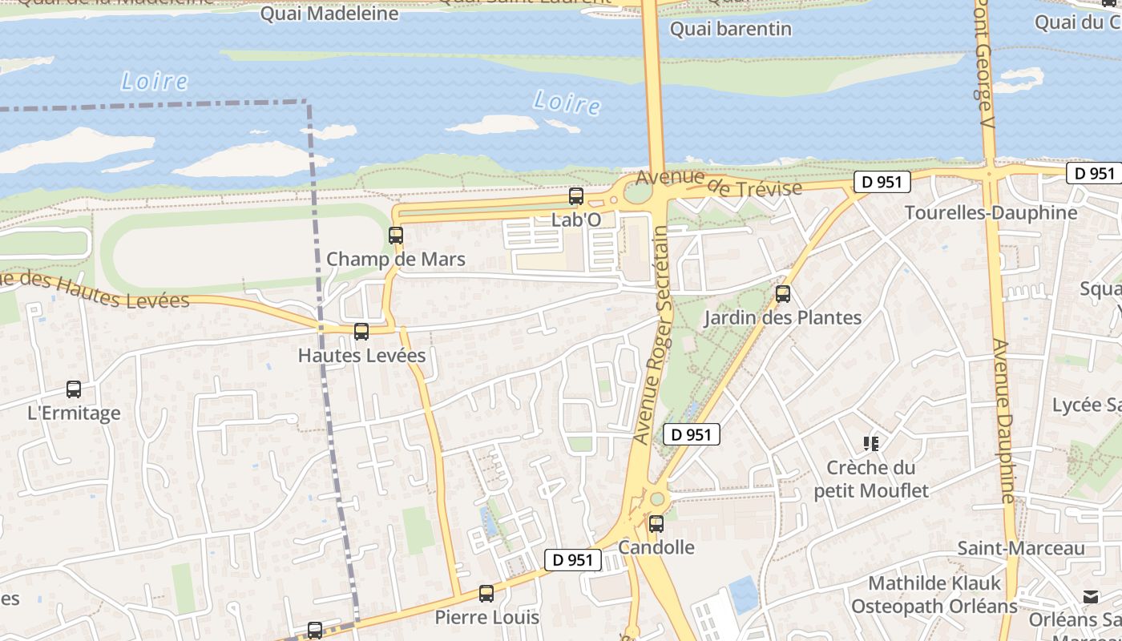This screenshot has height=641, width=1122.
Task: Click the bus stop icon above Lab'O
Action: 575,196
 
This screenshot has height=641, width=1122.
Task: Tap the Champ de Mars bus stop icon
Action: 396,236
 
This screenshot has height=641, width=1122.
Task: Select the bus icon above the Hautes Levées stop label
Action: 361,331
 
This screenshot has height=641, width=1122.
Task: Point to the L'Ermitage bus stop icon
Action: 74,389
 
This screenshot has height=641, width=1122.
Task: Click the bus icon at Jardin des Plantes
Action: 783,294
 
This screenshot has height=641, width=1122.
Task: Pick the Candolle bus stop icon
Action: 656,524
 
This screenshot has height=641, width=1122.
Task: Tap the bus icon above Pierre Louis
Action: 486,594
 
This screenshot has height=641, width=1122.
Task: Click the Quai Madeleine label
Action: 329,14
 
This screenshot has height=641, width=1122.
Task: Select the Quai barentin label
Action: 730,29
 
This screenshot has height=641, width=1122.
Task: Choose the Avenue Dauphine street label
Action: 1005,421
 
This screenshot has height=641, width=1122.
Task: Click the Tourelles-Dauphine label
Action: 991,212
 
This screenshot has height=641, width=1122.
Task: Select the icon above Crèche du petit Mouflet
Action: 871,443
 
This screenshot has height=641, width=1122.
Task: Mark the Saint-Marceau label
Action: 1021,548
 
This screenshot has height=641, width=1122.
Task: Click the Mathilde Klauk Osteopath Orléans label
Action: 934,595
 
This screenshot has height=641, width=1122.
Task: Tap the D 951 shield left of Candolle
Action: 573,560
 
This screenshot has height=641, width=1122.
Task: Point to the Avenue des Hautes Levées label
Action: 96,290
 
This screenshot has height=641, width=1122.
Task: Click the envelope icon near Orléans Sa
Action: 1090,597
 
